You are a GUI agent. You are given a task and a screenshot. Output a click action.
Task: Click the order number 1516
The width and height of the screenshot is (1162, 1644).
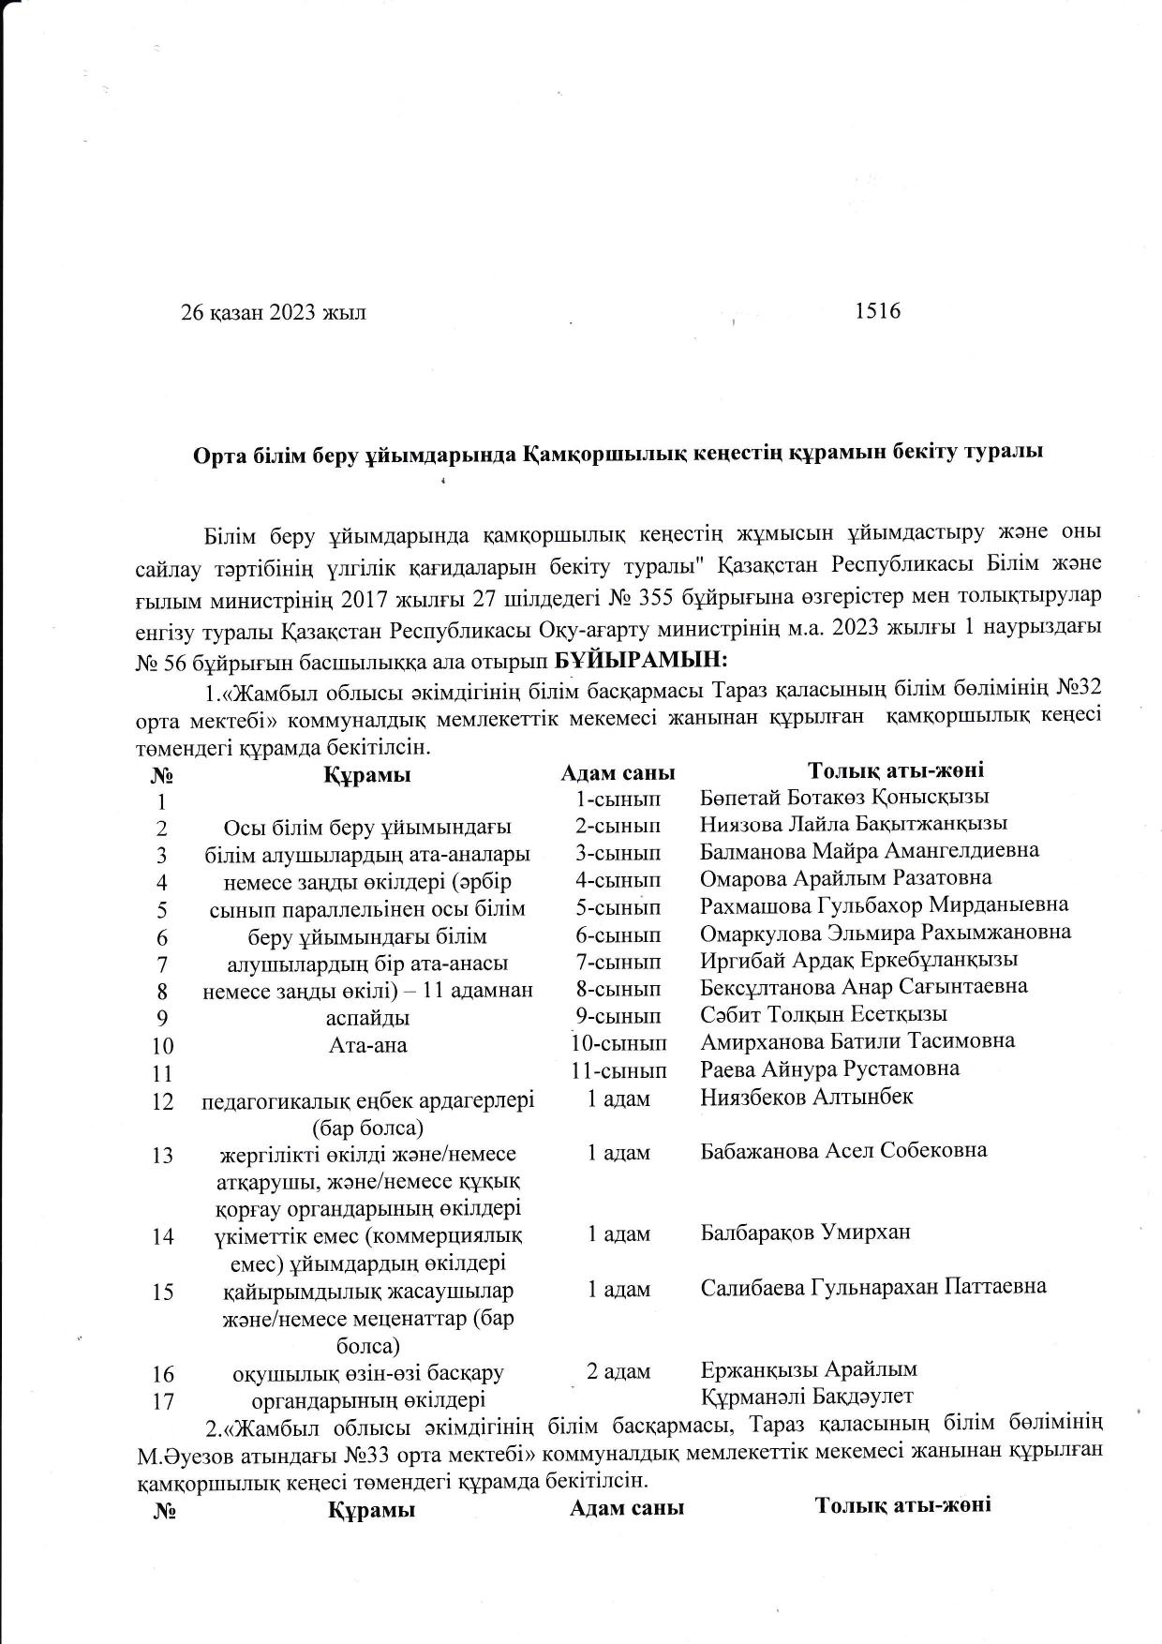[877, 311]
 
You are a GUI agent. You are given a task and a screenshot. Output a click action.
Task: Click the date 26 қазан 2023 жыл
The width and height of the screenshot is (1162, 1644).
[274, 313]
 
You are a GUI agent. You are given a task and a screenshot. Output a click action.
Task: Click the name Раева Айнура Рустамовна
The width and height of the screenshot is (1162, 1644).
[829, 1069]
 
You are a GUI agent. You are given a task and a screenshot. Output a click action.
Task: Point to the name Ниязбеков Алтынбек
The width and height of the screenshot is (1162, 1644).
[806, 1097]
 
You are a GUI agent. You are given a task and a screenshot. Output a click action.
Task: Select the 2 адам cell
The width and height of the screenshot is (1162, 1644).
[618, 1371]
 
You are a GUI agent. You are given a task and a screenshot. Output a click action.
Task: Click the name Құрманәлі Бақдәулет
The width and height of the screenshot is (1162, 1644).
[807, 1397]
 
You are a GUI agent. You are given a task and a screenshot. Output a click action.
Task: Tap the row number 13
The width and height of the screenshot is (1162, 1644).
[163, 1155]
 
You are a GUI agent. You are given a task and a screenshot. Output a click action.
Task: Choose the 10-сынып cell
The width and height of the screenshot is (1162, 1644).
[619, 1042]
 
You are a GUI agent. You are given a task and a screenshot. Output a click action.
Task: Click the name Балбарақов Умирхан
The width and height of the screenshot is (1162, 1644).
[805, 1233]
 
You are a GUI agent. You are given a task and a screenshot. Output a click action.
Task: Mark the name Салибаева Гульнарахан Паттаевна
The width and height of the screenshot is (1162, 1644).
[873, 1287]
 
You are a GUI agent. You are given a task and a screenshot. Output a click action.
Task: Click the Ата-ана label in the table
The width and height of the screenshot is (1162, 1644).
[368, 1044]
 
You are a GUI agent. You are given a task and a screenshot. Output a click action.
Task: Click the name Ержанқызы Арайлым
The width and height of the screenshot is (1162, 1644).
[809, 1369]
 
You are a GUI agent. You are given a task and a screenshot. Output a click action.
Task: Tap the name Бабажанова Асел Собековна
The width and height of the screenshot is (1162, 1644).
[843, 1150]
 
